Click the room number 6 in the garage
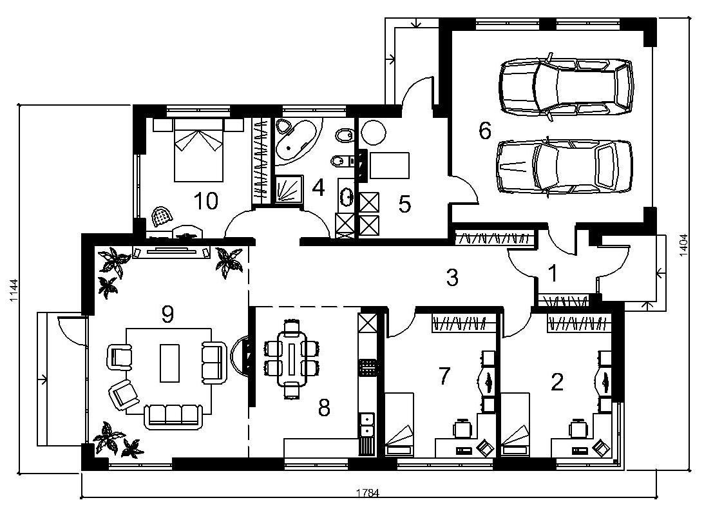pyautogui.click(x=485, y=131)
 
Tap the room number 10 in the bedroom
pyautogui.click(x=206, y=201)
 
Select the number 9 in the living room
pyautogui.click(x=167, y=315)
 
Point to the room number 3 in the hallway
pyautogui.click(x=452, y=277)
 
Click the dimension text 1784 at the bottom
pyautogui.click(x=368, y=493)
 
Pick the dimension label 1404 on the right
pyautogui.click(x=683, y=245)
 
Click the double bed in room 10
pyautogui.click(x=198, y=149)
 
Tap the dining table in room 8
pyautogui.click(x=292, y=359)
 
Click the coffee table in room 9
pyautogui.click(x=169, y=363)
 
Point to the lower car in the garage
pyautogui.click(x=564, y=167)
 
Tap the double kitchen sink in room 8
pyautogui.click(x=367, y=425)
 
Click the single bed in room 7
pyautogui.click(x=399, y=425)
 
